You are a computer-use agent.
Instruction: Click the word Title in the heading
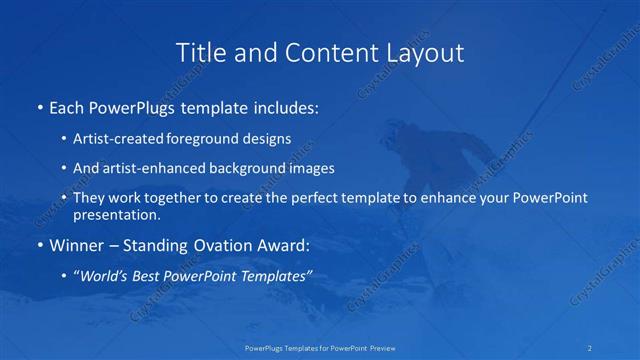198,52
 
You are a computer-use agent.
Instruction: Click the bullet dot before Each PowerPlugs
39,105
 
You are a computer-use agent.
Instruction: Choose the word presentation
116,214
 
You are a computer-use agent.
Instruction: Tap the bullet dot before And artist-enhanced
65,169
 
